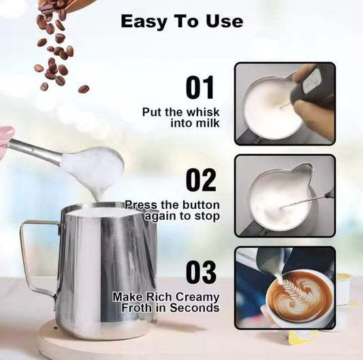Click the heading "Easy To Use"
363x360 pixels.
(181, 21)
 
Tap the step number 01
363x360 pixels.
(200, 88)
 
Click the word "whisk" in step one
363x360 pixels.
(203, 111)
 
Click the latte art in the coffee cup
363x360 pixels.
(299, 297)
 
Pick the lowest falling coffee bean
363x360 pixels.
(83, 88)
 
